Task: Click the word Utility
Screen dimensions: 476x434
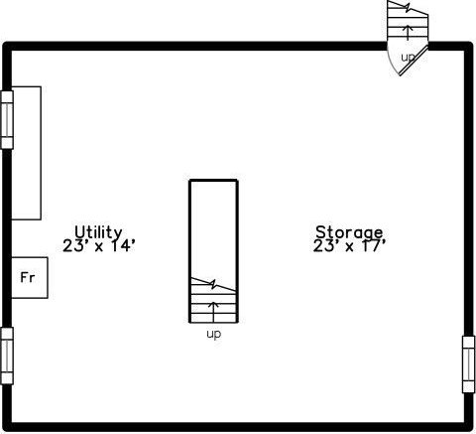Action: click(x=98, y=232)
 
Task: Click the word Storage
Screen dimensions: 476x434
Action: click(x=349, y=232)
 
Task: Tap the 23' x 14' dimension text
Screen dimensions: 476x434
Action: click(x=99, y=246)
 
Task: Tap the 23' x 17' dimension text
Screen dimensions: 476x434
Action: click(x=349, y=246)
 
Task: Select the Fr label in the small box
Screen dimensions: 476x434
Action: click(x=28, y=277)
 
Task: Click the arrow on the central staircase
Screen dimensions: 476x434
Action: click(x=213, y=312)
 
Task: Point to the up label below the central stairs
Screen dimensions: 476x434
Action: click(x=213, y=334)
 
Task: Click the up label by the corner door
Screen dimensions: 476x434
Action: click(x=408, y=58)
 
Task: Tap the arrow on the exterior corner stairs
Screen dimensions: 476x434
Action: click(x=409, y=33)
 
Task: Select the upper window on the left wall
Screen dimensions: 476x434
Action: click(x=7, y=120)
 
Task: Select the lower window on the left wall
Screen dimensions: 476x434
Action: click(x=7, y=356)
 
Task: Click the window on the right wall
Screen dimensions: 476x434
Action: click(x=469, y=364)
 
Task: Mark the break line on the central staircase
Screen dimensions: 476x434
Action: click(x=213, y=284)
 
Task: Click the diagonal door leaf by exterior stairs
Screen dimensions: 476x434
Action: click(x=414, y=61)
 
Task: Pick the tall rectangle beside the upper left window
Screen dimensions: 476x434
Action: click(x=27, y=153)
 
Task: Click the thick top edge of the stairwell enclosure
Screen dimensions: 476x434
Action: click(x=213, y=181)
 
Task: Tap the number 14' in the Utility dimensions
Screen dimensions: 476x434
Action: click(x=123, y=246)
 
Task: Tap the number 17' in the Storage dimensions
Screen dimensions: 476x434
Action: click(x=373, y=246)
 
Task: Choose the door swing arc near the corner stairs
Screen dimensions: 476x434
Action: click(x=391, y=63)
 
